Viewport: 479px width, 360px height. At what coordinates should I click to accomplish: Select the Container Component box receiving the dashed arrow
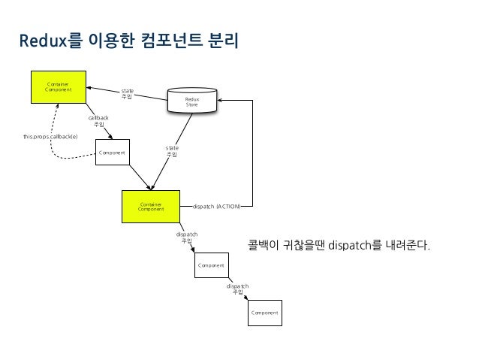pyautogui.click(x=58, y=87)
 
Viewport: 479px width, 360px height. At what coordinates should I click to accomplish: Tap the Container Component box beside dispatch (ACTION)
pyautogui.click(x=154, y=206)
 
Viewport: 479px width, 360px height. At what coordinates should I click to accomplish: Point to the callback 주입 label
pyautogui.click(x=98, y=121)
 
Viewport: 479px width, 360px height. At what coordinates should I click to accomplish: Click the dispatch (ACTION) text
pyautogui.click(x=217, y=205)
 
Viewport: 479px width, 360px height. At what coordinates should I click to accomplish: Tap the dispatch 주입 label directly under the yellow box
pyautogui.click(x=187, y=237)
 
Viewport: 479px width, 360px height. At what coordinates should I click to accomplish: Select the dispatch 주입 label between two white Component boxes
pyautogui.click(x=237, y=289)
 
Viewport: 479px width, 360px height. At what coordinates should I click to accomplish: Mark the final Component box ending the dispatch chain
pyautogui.click(x=264, y=312)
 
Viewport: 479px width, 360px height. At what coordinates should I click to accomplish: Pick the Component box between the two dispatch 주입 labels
pyautogui.click(x=212, y=265)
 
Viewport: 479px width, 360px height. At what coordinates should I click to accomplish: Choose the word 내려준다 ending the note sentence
pyautogui.click(x=409, y=246)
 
